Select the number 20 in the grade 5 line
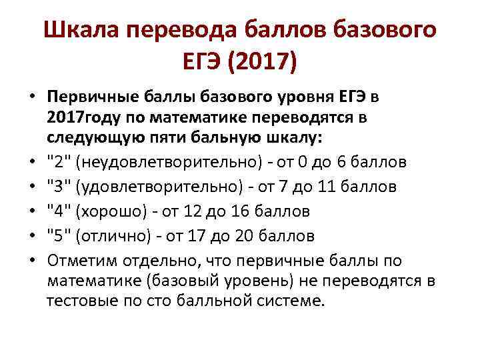(x=266, y=235)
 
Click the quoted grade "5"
(x=57, y=235)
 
